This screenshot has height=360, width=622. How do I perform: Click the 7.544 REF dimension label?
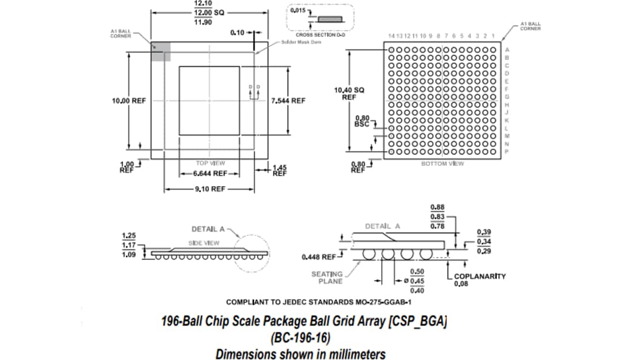288,100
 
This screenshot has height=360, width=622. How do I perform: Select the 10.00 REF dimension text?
129,100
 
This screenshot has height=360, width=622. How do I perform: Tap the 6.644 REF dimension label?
210,173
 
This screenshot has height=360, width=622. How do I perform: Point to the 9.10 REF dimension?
210,189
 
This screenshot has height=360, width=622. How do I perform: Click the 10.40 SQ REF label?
349,93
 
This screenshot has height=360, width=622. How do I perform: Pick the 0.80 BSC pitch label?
362,121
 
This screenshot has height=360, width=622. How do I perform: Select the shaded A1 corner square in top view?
161,51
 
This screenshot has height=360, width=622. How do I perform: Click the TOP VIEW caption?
210,163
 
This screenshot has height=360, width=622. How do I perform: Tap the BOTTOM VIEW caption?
443,164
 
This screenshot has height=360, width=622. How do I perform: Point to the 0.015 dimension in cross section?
297,10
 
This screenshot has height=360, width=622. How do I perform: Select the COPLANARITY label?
480,276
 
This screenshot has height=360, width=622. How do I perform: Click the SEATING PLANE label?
327,278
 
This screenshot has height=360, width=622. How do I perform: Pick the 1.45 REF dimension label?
279,170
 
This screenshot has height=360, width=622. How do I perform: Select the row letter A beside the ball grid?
507,50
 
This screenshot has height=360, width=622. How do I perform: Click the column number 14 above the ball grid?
392,36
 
